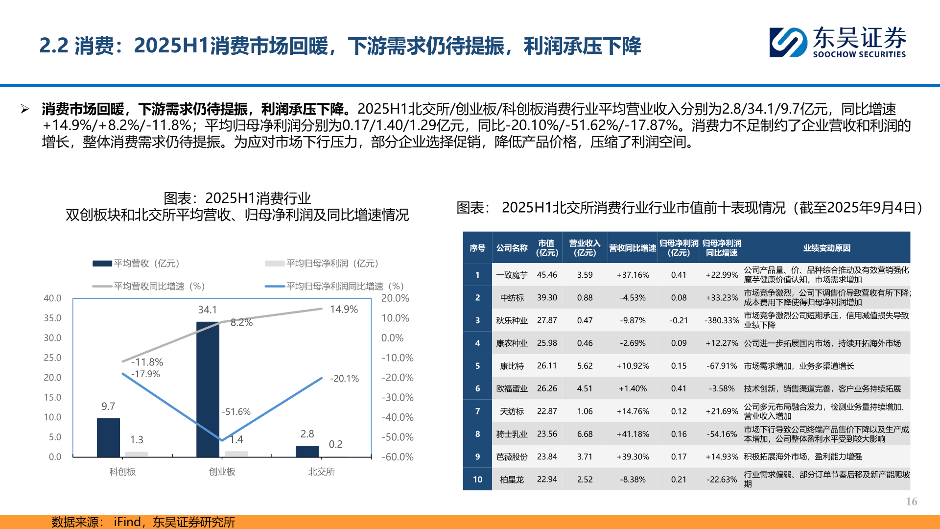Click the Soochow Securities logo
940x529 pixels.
837,42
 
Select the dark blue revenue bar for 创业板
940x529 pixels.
208,389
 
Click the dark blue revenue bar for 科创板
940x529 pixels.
108,437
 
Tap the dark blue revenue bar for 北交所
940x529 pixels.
307,451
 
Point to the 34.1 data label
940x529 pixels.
208,310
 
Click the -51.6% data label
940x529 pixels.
236,412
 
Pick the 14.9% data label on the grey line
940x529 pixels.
344,309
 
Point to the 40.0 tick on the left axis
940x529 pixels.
52,298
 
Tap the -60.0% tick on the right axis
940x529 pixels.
398,457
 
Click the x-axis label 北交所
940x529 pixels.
321,472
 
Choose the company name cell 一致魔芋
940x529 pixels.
512,275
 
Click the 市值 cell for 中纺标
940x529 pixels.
547,298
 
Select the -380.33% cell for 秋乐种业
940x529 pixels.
722,320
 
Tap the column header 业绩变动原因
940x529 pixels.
826,248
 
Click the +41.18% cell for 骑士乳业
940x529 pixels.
633,434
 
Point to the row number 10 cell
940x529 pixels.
477,480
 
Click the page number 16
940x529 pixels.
912,502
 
